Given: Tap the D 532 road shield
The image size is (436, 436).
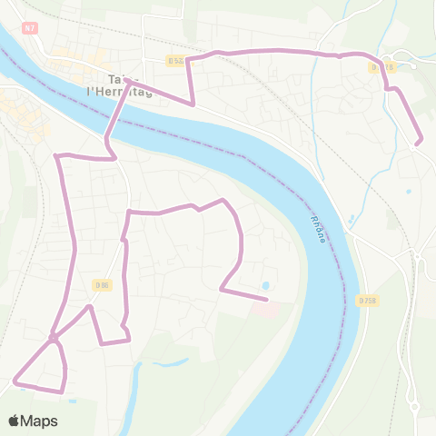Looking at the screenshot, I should (176, 61).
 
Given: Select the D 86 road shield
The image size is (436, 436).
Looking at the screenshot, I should (102, 284).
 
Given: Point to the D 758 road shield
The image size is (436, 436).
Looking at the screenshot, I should (366, 301).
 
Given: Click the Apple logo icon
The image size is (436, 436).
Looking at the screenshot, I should (15, 421).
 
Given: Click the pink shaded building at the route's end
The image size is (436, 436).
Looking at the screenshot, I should (267, 310).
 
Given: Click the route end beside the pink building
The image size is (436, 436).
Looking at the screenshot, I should (266, 298).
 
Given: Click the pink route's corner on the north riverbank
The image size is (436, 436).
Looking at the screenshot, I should (193, 104).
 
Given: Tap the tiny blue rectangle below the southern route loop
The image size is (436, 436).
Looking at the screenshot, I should (71, 399).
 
